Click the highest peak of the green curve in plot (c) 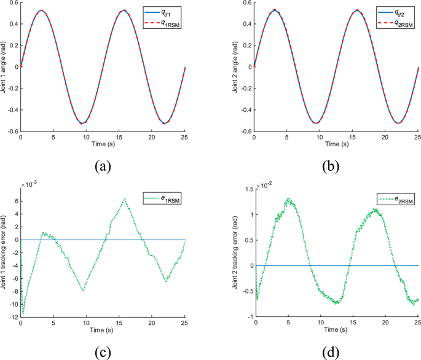(124, 198)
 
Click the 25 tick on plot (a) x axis (184, 136)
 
